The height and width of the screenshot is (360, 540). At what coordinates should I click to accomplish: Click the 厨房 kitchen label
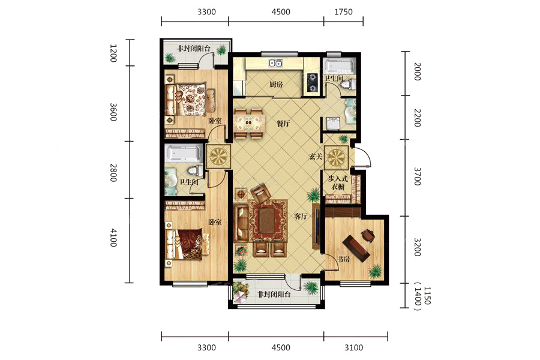[x=276, y=84]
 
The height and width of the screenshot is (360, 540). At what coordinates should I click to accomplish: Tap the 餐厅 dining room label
[x=283, y=124]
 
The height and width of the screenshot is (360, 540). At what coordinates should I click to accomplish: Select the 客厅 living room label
[x=301, y=217]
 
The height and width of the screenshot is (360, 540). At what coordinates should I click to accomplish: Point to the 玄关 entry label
[x=315, y=157]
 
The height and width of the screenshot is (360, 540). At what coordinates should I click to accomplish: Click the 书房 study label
[x=343, y=259]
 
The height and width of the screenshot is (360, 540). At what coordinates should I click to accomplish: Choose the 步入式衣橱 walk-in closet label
[x=338, y=182]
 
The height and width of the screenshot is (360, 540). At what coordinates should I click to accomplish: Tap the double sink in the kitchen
[x=276, y=63]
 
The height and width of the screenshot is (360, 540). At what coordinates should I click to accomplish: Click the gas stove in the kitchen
[x=312, y=83]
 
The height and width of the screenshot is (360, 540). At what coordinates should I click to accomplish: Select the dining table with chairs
[x=250, y=124]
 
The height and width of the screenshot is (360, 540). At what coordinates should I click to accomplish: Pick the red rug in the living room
[x=268, y=221]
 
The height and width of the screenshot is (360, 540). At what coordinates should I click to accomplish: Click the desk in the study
[x=356, y=248]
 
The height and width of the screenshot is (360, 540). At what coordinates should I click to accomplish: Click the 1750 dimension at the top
[x=343, y=12]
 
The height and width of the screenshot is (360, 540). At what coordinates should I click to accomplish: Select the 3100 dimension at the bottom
[x=353, y=347]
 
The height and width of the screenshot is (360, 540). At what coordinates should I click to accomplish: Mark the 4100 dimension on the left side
[x=113, y=238]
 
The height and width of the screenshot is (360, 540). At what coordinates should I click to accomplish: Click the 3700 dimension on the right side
[x=417, y=176]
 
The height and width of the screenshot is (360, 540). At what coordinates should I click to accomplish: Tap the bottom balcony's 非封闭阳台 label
[x=274, y=295]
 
